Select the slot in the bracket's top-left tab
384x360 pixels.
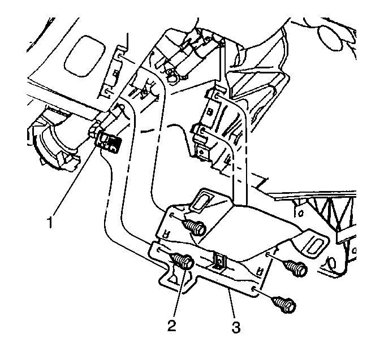(x=201, y=201)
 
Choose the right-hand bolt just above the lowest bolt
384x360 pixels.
(x=295, y=268)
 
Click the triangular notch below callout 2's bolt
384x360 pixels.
(x=175, y=276)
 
